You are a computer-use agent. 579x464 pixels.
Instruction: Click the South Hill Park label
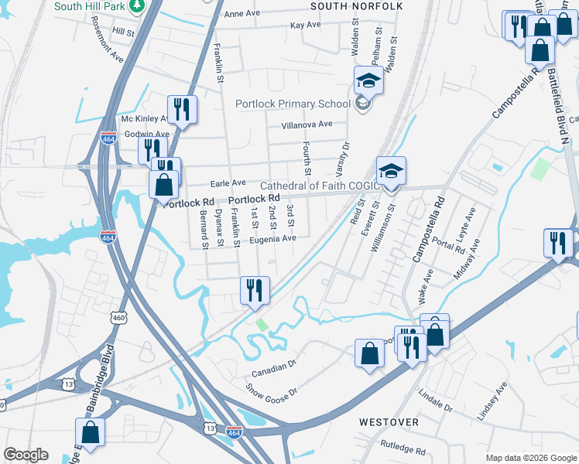coord(90,6)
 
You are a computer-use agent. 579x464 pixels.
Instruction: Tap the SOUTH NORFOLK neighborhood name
coord(357,6)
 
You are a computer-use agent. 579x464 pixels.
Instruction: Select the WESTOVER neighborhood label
coord(389,422)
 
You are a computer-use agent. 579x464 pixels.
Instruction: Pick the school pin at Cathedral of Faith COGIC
coord(392,172)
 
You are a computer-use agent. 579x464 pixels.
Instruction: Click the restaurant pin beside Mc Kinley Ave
coord(183,110)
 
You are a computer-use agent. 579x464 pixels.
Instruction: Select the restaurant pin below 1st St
coord(255,292)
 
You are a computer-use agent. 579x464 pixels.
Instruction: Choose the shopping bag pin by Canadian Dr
coord(370,354)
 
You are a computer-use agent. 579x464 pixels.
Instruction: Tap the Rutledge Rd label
coord(403,448)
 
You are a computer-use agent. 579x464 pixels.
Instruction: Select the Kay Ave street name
coord(305,25)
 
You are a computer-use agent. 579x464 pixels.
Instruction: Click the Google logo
coord(26,455)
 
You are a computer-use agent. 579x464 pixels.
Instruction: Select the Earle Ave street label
coord(228,183)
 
